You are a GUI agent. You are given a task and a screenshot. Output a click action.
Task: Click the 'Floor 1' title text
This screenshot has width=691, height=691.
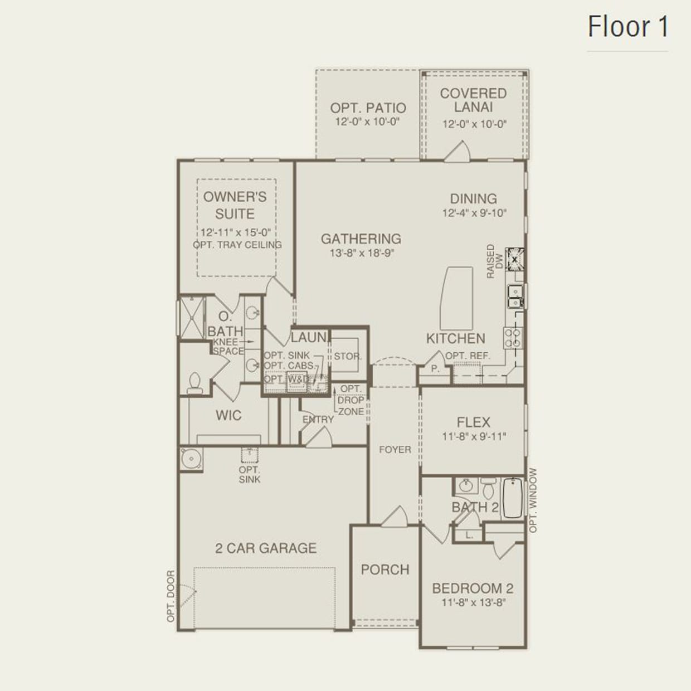click(x=628, y=27)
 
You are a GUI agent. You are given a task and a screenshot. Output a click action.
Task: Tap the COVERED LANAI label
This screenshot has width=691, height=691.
click(x=473, y=100)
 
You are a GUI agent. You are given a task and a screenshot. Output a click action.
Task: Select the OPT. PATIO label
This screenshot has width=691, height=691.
click(x=368, y=108)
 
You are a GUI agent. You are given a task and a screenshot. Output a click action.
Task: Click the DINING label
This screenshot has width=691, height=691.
click(x=474, y=198)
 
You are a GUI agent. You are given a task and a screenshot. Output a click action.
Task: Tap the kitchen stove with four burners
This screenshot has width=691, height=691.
click(x=513, y=338)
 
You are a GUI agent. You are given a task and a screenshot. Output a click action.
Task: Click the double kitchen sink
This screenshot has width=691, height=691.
click(x=515, y=296)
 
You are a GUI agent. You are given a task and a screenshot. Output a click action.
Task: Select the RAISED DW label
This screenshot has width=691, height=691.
click(x=494, y=261)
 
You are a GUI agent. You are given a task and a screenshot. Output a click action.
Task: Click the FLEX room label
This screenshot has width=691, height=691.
click(x=473, y=422)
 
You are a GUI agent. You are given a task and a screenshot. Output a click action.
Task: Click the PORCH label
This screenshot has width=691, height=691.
click(x=385, y=570)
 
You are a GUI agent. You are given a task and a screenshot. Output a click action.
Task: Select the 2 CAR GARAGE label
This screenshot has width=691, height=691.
click(x=266, y=548)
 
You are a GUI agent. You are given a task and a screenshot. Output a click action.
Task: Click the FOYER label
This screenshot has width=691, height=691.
click(x=395, y=449)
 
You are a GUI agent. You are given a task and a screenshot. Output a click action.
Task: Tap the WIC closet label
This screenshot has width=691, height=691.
click(x=228, y=415)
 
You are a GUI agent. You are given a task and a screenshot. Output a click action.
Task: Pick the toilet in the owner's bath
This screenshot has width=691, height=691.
click(x=194, y=383)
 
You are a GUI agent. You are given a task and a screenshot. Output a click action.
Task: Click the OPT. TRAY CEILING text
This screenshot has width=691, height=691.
click(x=237, y=245)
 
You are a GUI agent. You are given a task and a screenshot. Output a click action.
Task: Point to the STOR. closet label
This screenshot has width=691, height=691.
click(x=348, y=356)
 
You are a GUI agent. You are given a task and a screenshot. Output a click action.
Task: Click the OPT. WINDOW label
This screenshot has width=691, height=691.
click(x=533, y=500)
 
